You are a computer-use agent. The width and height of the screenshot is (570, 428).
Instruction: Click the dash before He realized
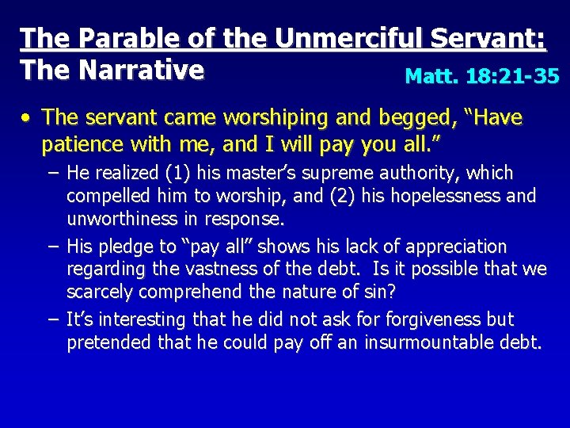52,173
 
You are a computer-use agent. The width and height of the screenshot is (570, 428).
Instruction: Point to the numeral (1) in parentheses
176,173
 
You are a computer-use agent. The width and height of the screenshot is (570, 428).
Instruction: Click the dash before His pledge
52,246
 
